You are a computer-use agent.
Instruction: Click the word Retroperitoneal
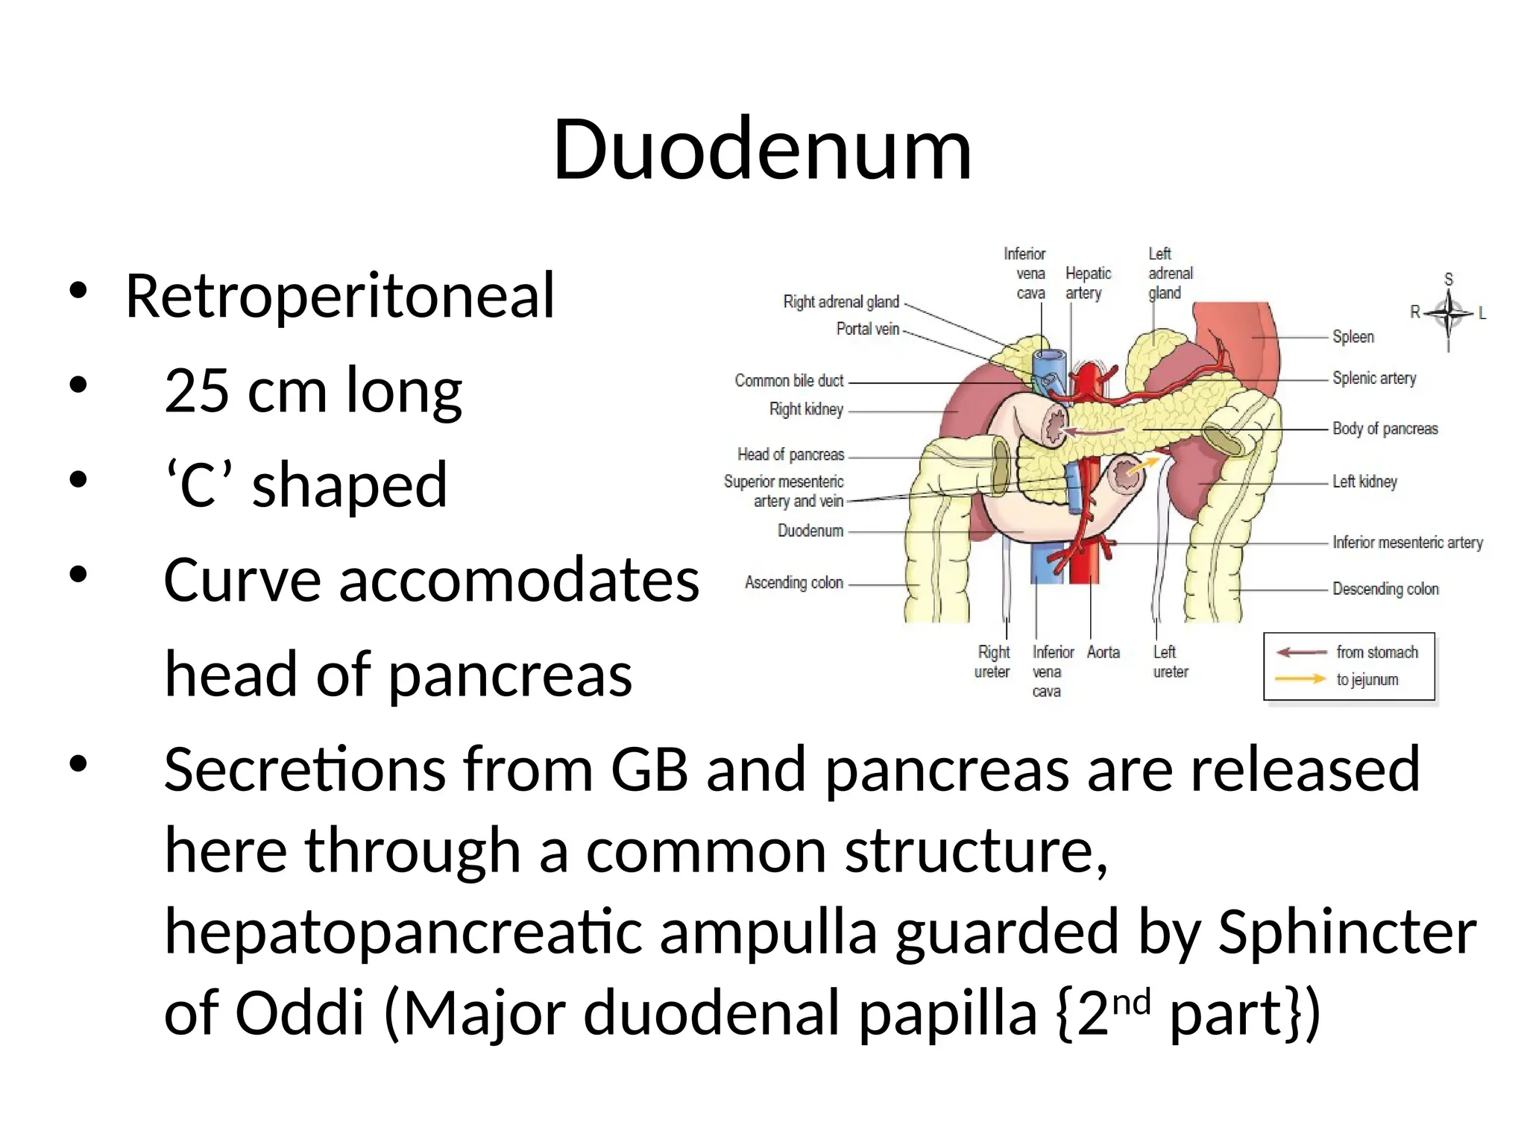click(x=340, y=296)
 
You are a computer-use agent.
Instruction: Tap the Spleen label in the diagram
click(x=1353, y=337)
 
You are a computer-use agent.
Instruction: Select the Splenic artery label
click(x=1373, y=379)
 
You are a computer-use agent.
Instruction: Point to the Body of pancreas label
click(x=1385, y=429)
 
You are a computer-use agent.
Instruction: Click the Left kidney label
click(x=1364, y=482)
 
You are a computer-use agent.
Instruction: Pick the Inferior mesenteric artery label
click(x=1407, y=543)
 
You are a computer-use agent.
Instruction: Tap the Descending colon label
click(x=1385, y=589)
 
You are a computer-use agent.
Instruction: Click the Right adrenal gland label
click(x=841, y=302)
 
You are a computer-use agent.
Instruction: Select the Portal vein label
click(x=867, y=329)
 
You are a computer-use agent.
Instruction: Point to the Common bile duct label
click(x=789, y=381)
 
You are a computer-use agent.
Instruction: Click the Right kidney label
click(x=806, y=409)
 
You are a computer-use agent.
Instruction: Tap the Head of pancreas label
click(x=790, y=455)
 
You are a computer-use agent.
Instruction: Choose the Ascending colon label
click(x=794, y=582)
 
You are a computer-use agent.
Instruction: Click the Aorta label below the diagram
click(x=1103, y=652)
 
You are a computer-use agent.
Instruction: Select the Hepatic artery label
click(x=1088, y=283)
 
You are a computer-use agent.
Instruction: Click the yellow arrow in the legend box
click(x=1300, y=679)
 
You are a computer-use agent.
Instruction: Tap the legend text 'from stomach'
click(x=1376, y=652)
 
